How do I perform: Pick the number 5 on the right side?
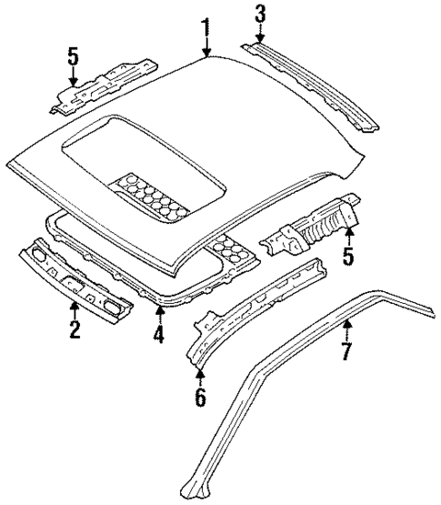(x=346, y=257)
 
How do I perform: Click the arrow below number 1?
(x=208, y=46)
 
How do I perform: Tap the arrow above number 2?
(x=75, y=307)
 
